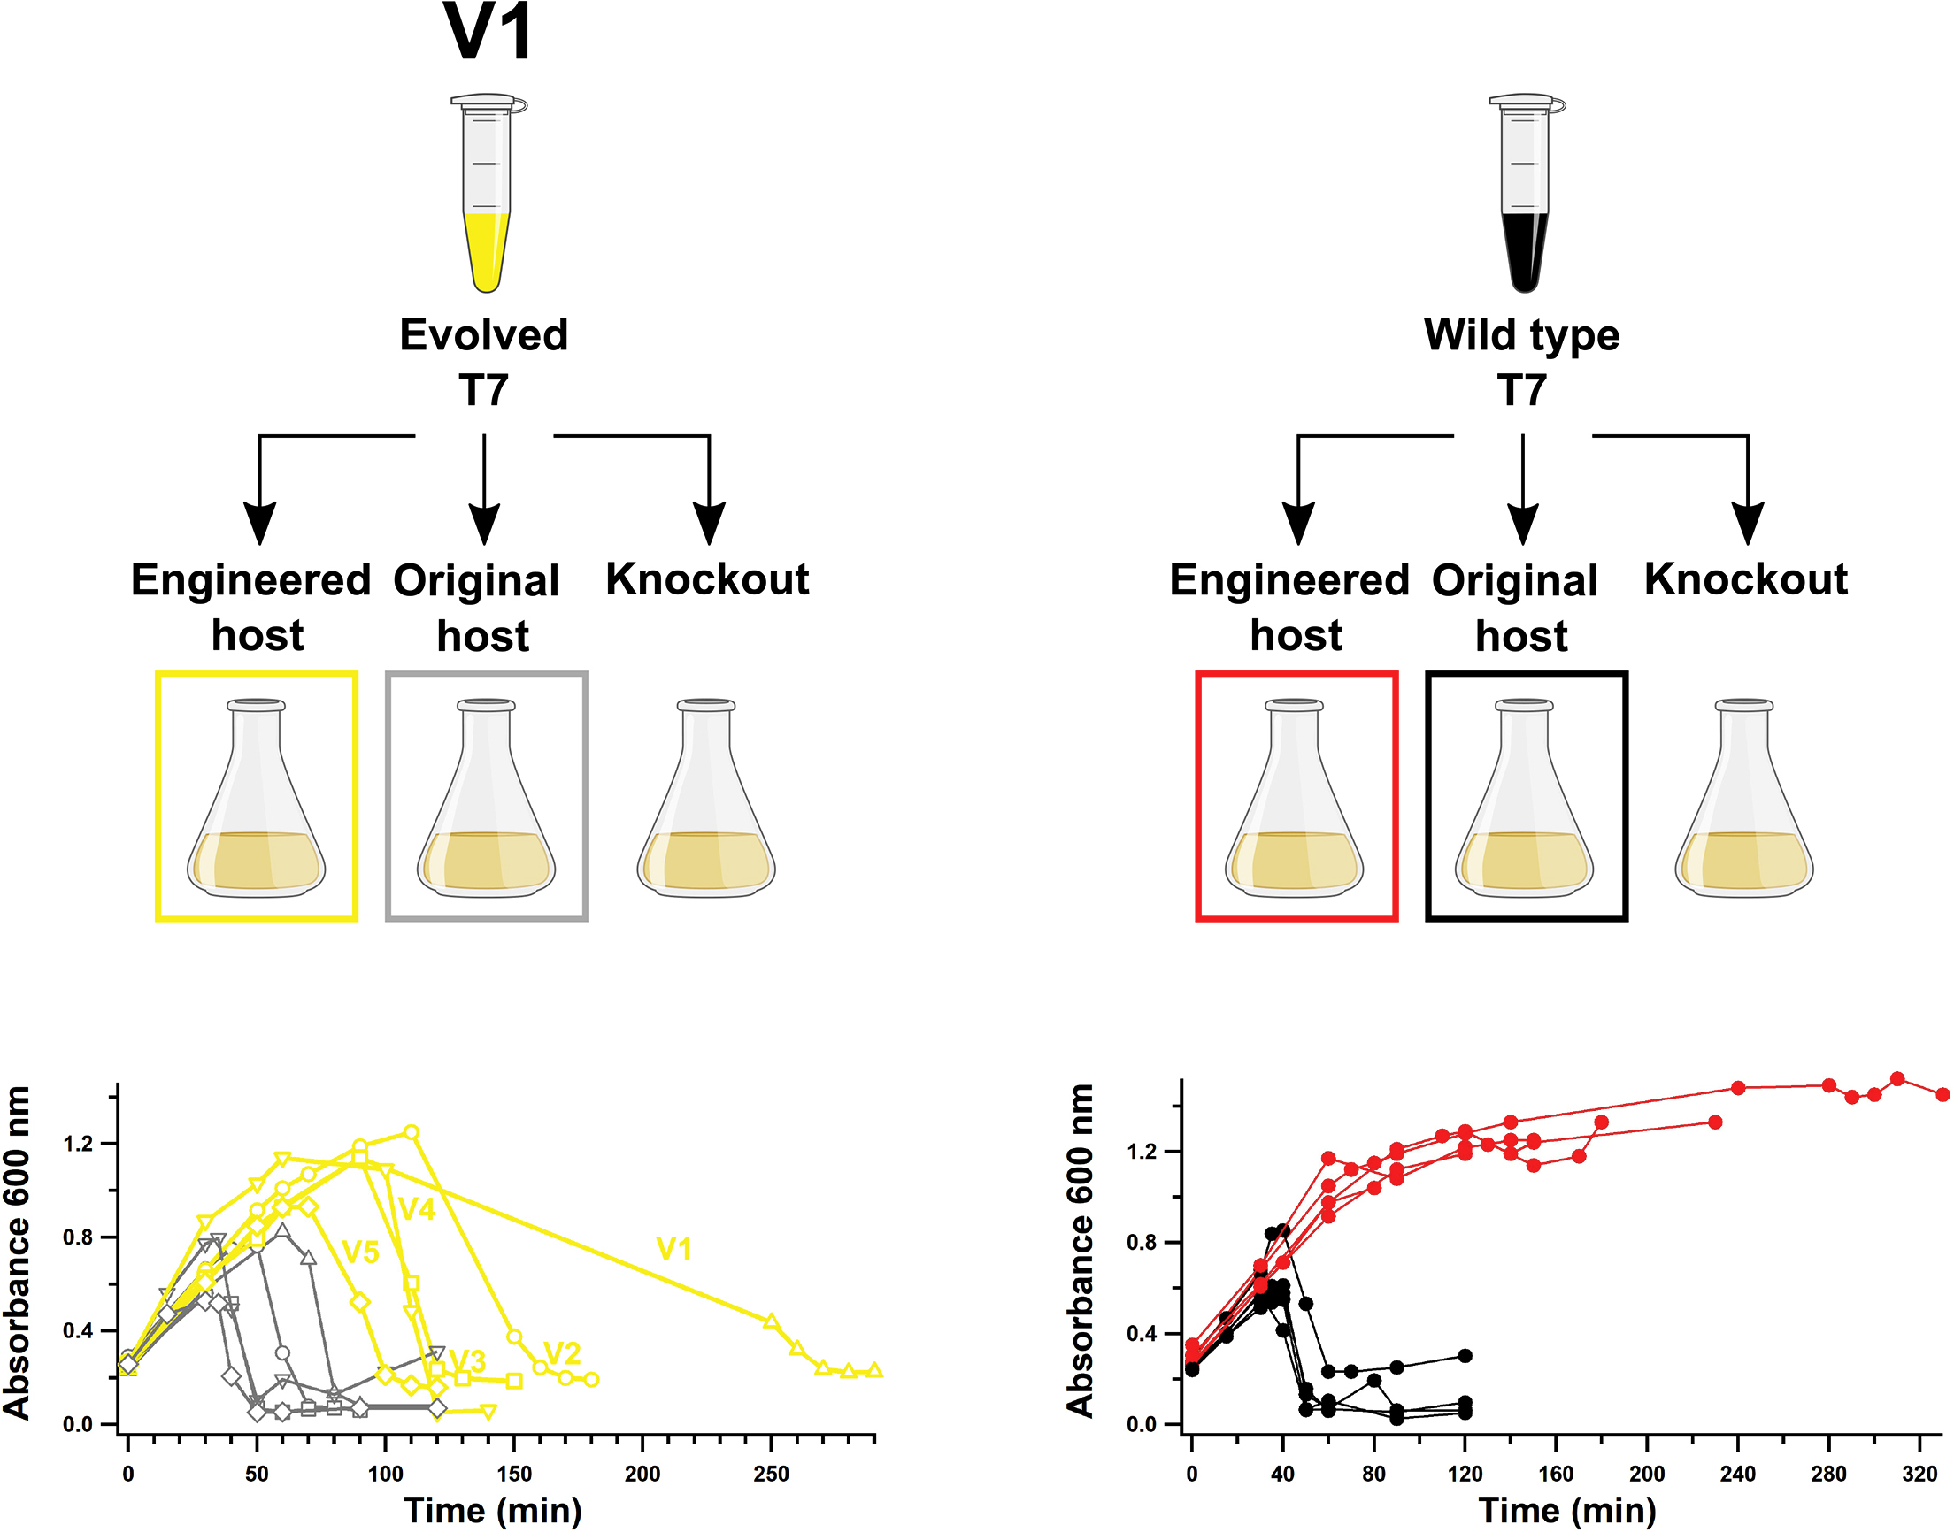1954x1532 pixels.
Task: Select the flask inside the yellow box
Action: pos(257,799)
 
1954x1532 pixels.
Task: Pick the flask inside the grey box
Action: pos(486,799)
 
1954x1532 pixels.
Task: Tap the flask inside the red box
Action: pos(1295,799)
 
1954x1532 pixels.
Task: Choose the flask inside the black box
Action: pos(1524,799)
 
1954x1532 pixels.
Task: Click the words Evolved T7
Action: pos(483,362)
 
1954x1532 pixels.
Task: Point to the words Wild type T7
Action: pos(1521,362)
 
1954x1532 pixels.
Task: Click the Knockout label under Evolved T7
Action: pos(707,579)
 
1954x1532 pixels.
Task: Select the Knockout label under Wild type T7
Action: pos(1746,579)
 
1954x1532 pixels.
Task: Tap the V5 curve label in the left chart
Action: pos(361,1252)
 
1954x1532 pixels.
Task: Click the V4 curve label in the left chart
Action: pos(417,1210)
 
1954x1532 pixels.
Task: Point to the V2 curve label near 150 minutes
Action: pos(563,1352)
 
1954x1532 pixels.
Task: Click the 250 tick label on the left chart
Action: pos(771,1474)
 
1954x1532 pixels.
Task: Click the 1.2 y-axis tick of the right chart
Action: pos(1144,1152)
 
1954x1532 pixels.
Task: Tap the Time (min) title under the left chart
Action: pos(493,1511)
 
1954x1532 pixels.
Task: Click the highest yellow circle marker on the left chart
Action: pos(411,1132)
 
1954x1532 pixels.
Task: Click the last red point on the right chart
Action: pos(1942,1094)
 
